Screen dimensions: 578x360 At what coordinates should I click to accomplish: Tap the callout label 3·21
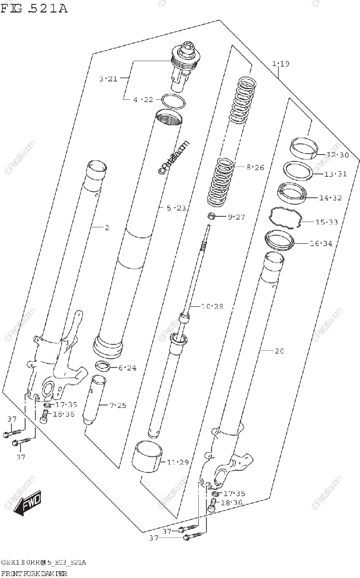tap(108, 79)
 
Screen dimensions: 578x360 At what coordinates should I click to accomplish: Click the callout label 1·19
tap(281, 64)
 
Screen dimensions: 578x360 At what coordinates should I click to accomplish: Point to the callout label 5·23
tap(176, 208)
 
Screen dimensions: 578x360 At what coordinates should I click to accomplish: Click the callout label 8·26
tap(255, 168)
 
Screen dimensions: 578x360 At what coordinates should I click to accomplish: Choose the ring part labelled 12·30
tap(302, 148)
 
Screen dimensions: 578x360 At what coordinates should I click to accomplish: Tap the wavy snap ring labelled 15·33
tap(284, 216)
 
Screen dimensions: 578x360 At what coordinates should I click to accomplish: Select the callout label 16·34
tap(321, 244)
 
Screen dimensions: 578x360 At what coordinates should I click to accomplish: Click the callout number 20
tap(279, 351)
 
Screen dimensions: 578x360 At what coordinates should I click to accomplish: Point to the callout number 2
tap(107, 227)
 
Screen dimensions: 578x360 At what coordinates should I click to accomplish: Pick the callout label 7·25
tap(117, 406)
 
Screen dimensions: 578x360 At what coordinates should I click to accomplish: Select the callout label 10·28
tap(212, 306)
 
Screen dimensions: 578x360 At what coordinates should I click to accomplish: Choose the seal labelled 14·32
tap(292, 192)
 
